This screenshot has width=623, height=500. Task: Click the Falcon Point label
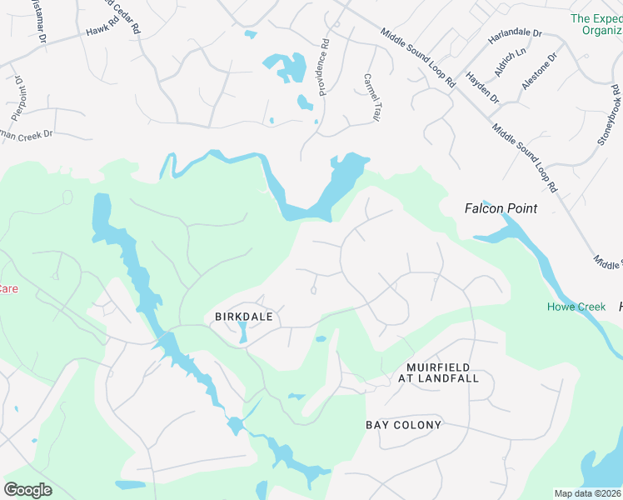point(501,208)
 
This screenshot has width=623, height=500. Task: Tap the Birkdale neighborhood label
point(243,317)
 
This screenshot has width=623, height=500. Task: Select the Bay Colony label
point(403,425)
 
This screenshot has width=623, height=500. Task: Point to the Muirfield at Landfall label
point(442,372)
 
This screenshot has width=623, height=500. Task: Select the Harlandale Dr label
point(515,35)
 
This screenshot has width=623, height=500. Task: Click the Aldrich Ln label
point(510,62)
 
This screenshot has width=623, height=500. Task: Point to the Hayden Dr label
point(482,87)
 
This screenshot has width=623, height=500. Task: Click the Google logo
point(27,489)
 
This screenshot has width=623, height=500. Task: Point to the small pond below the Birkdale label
point(242,334)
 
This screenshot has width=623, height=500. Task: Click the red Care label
point(7,289)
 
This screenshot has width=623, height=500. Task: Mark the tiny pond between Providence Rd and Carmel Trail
point(304,103)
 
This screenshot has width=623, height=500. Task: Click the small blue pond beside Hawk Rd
point(251,35)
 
